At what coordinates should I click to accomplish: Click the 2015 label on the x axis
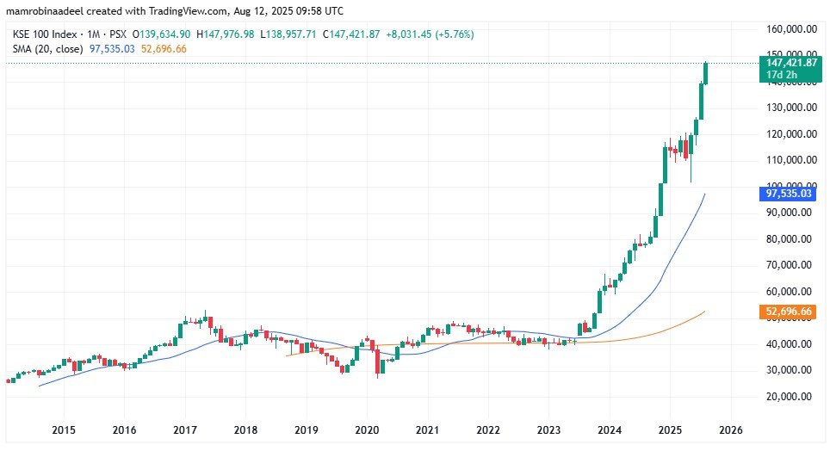pos(63,429)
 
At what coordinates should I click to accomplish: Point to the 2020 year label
pos(367,429)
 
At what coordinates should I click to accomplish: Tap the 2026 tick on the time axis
pos(731,429)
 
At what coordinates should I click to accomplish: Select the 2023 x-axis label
pos(549,429)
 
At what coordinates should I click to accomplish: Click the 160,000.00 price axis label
pos(790,28)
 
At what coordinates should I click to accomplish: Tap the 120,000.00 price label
pos(790,133)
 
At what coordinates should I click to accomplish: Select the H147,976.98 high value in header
pos(230,34)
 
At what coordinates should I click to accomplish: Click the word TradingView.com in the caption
pos(184,9)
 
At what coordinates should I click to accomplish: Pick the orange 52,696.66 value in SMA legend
pos(163,49)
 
